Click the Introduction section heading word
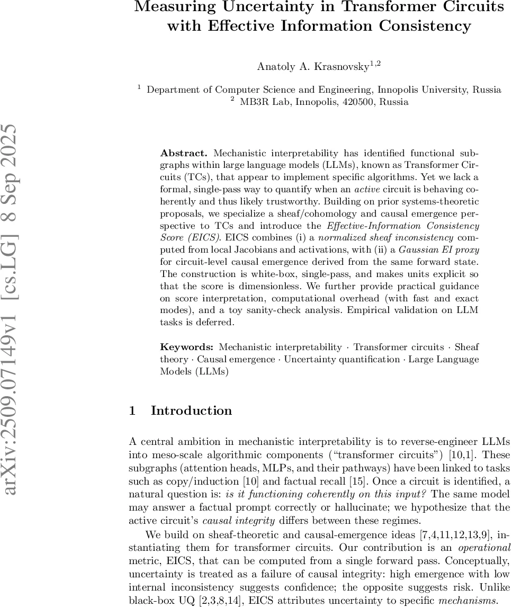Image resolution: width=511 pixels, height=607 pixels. pos(191,410)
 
